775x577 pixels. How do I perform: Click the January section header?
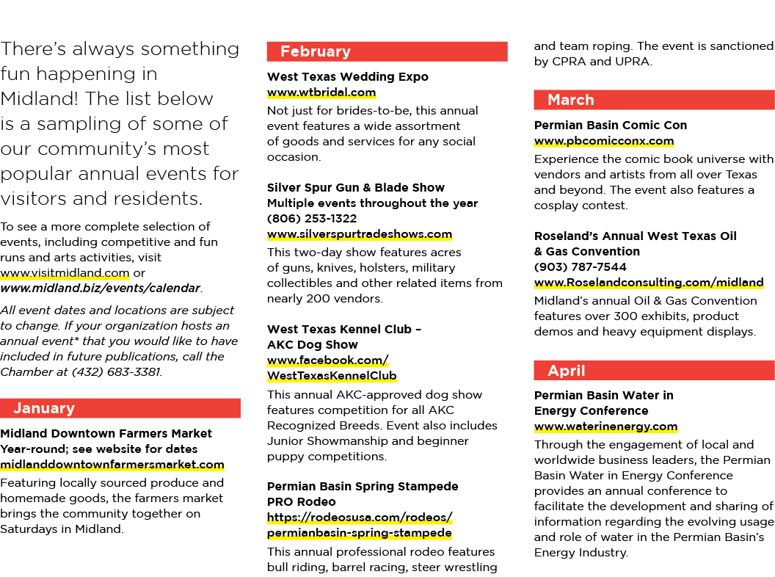tap(120, 408)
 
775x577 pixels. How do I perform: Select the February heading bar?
tap(387, 51)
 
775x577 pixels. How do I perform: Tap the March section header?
tap(655, 100)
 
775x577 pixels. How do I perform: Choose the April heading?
tap(655, 370)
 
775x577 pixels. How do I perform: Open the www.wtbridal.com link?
tap(321, 92)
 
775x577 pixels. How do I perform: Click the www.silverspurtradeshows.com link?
tap(360, 234)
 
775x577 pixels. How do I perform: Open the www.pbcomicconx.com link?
tap(603, 141)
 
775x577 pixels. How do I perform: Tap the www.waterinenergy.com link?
tap(605, 427)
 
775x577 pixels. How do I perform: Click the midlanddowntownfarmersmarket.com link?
tap(112, 465)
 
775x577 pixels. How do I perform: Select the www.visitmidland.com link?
tap(65, 273)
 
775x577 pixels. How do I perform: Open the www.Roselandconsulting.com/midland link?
tap(649, 283)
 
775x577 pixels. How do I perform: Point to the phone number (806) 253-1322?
tap(312, 219)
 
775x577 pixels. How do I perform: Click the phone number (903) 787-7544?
tap(581, 267)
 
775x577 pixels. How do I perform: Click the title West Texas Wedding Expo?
tap(347, 76)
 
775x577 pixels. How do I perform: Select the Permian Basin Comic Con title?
tap(611, 125)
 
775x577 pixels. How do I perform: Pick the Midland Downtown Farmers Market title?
tap(106, 434)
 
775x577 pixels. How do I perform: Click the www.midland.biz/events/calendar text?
tap(101, 288)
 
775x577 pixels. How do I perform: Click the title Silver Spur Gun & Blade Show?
tap(356, 187)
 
